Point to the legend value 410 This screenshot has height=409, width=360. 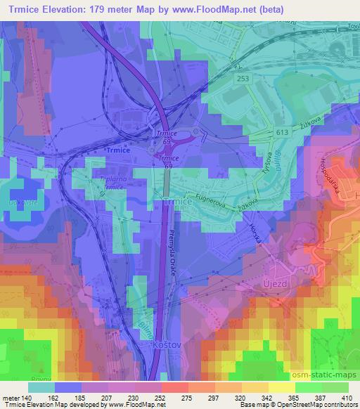346,398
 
